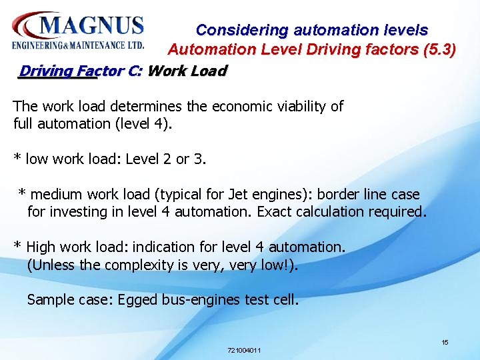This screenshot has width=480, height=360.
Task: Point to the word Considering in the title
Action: tap(242, 30)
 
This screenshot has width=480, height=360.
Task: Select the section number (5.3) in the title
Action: tap(439, 49)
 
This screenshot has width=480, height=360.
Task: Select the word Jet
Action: tap(238, 195)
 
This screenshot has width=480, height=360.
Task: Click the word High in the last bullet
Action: tap(41, 247)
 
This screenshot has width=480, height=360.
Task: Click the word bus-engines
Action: tap(199, 300)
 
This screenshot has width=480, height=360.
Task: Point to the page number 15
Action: tap(445, 342)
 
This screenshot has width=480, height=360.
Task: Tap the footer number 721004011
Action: tap(244, 350)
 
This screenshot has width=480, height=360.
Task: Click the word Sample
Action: tap(49, 300)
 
